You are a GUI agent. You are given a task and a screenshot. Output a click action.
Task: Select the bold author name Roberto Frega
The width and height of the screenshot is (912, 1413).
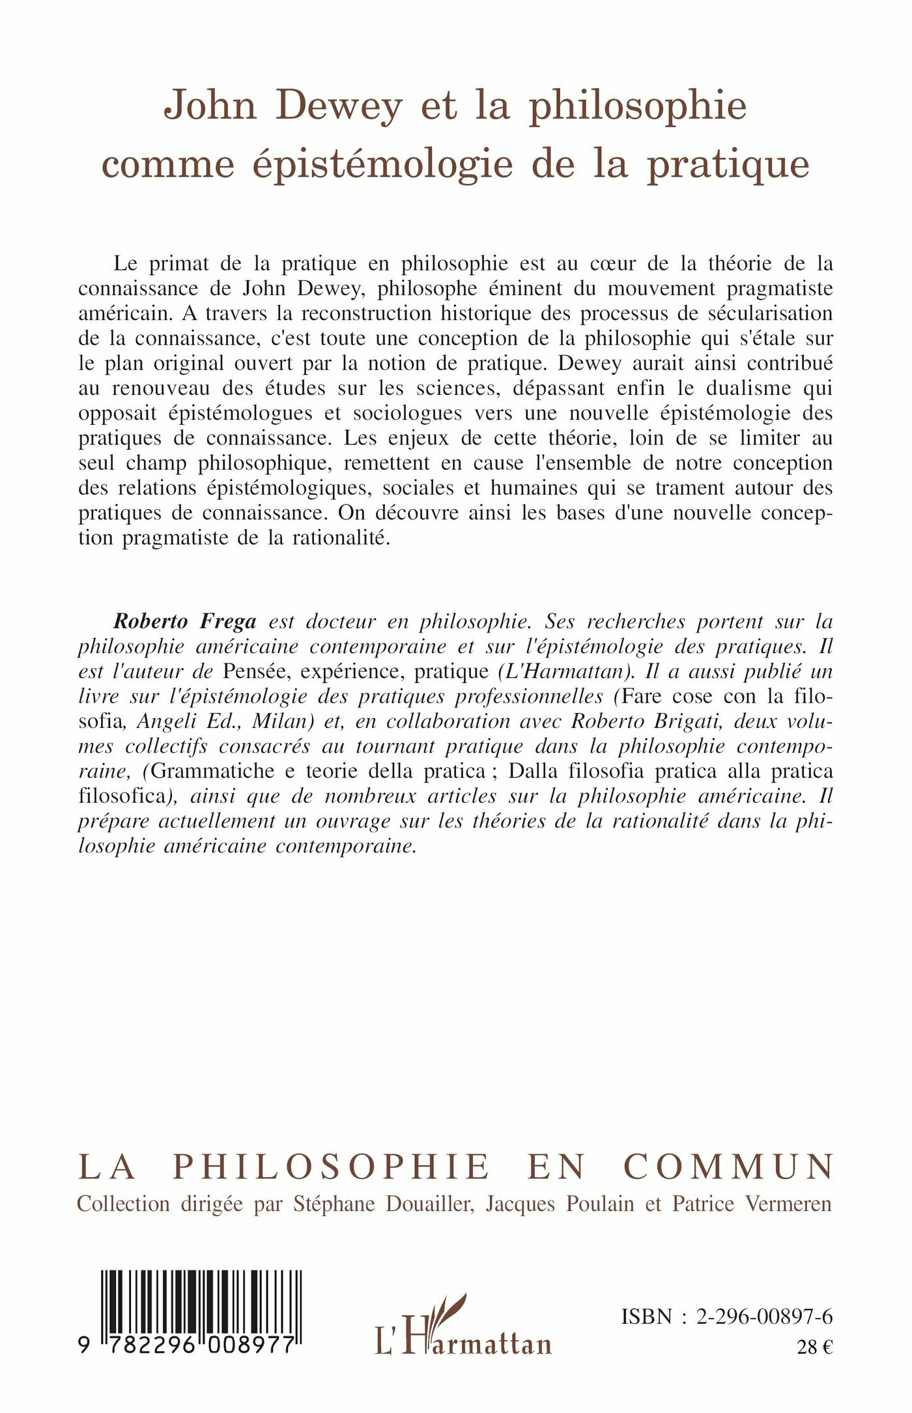(x=185, y=622)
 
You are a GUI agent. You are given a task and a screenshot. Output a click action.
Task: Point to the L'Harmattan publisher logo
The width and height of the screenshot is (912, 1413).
(x=463, y=1324)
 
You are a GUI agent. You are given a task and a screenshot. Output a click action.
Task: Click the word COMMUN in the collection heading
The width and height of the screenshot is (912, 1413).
(x=729, y=1167)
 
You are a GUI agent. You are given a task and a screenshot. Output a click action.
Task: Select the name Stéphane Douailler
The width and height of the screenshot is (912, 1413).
(x=382, y=1204)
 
